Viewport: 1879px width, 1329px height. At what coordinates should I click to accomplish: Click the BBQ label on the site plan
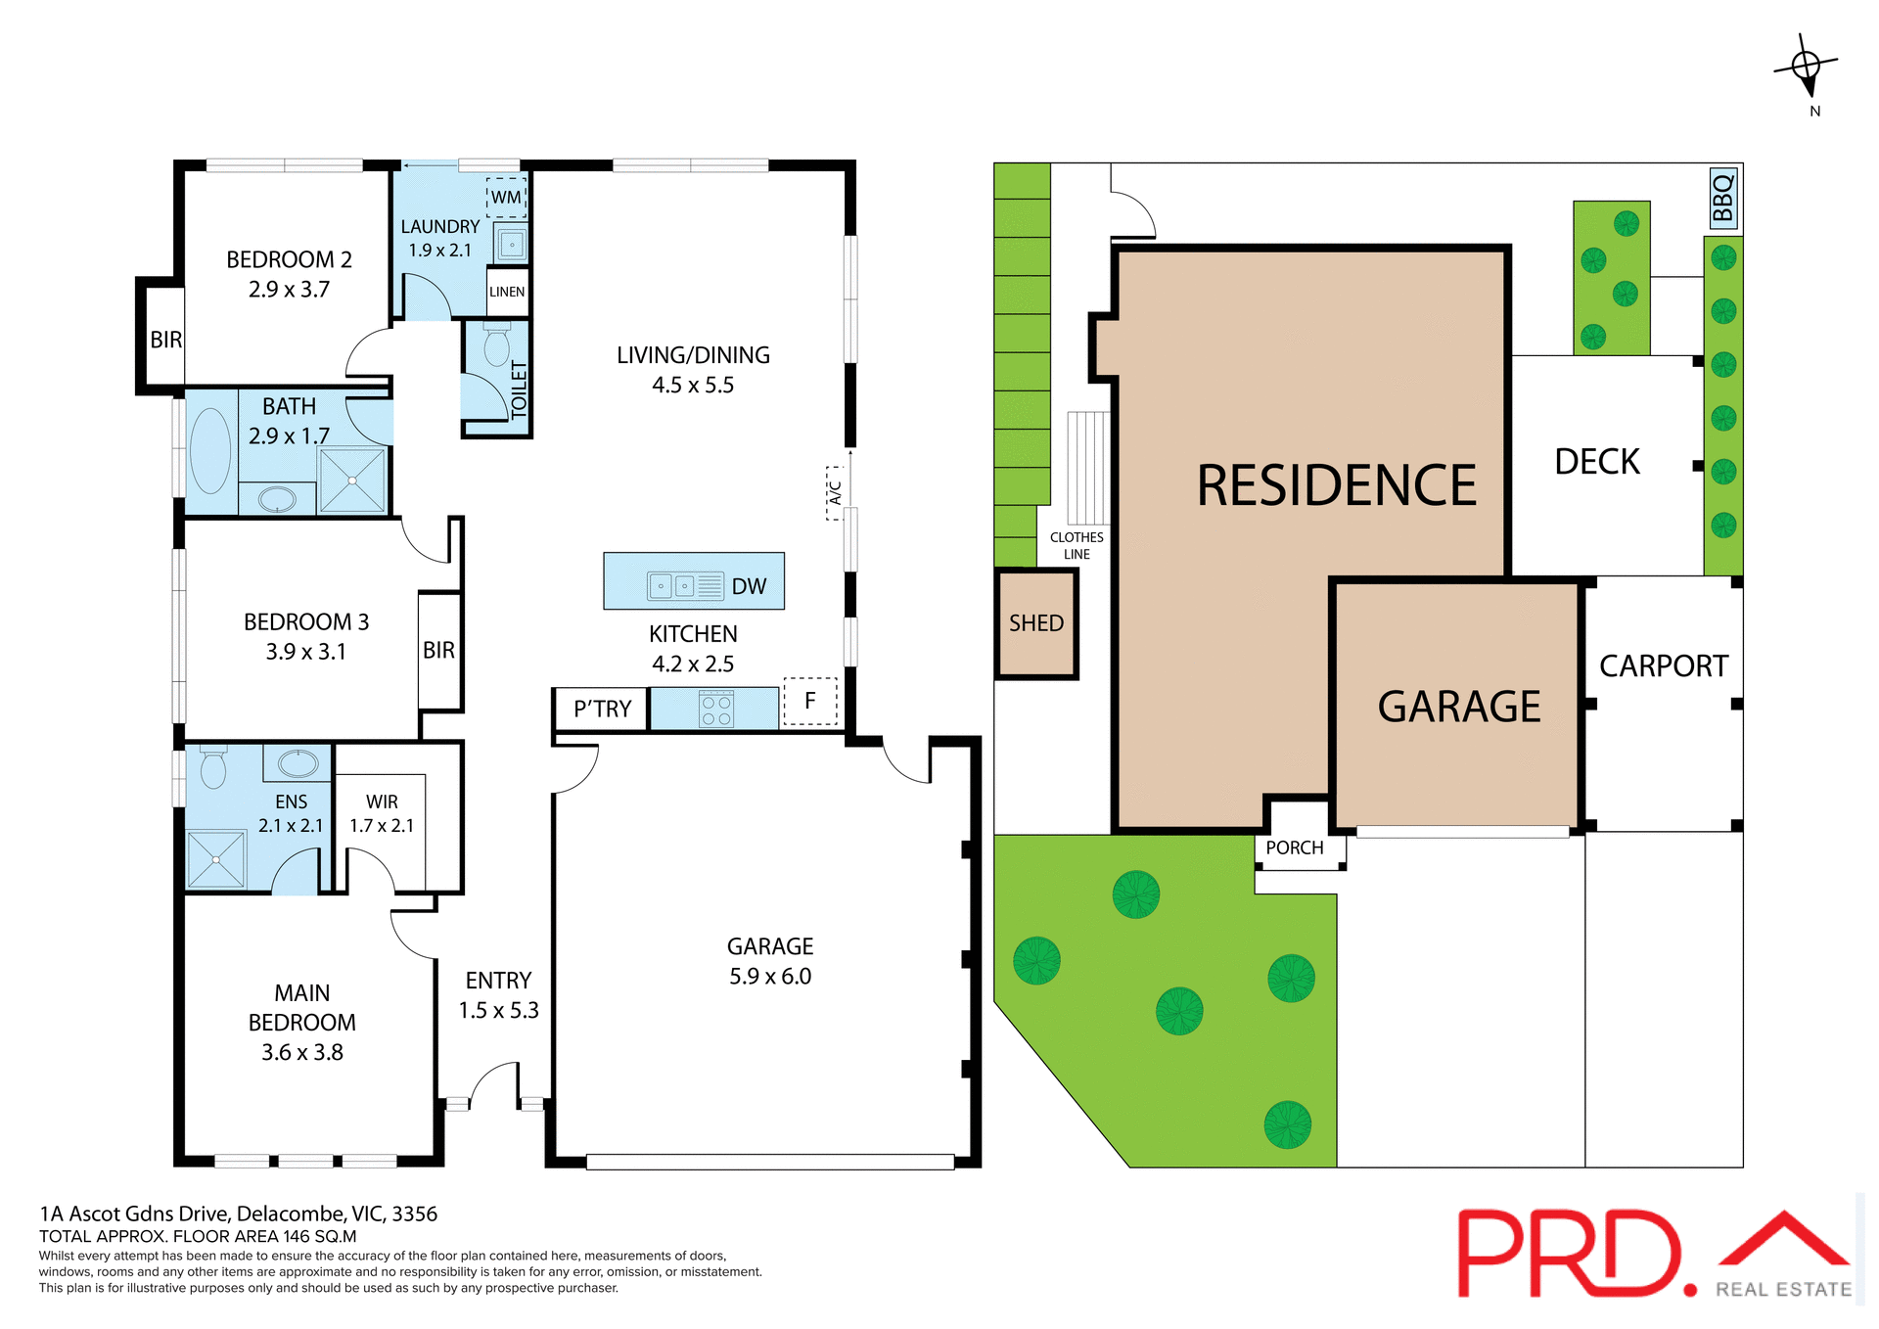pos(1722,198)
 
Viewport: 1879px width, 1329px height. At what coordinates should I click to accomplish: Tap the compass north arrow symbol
pos(1807,68)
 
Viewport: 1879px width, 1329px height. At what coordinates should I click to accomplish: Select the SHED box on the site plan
pos(1036,623)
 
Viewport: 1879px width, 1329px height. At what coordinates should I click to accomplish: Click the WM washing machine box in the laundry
pos(506,197)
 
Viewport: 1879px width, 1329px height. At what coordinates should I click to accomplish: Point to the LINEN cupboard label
pos(507,292)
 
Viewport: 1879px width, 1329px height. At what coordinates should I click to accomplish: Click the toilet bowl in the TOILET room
pos(496,346)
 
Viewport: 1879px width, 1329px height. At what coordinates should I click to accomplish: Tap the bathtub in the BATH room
pos(210,450)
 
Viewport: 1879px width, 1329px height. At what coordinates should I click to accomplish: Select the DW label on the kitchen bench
pos(749,586)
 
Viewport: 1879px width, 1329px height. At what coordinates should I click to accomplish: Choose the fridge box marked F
pos(810,701)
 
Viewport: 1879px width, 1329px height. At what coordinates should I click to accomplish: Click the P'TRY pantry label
pos(602,710)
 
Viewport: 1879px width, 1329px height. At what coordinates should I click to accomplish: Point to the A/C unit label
pos(835,492)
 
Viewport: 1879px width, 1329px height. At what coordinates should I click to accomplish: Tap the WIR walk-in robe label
pos(382,802)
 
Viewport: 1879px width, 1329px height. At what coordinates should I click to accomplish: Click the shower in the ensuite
pos(215,859)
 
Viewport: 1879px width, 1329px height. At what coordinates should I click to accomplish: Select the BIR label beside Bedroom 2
pos(165,340)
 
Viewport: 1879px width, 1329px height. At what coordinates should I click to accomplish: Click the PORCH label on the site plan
pos(1294,848)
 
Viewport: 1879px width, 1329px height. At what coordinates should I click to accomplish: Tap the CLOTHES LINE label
pos(1077,545)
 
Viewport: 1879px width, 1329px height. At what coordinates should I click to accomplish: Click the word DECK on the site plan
pos(1597,462)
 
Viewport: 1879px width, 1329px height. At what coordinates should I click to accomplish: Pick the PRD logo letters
pos(1572,1253)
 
